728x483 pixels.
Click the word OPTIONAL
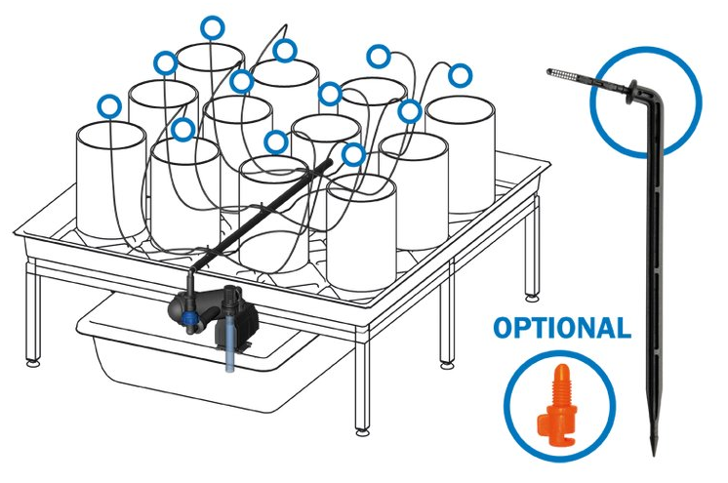click(562, 328)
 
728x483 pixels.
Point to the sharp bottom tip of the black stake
click(654, 454)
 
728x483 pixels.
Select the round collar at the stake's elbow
click(631, 92)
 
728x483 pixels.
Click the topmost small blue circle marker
click(213, 28)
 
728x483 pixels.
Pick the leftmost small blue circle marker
click(109, 106)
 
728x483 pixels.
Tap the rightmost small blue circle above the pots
click(460, 75)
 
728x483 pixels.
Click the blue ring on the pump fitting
click(188, 318)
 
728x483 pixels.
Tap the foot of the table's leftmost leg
click(32, 363)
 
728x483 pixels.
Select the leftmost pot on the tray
click(111, 181)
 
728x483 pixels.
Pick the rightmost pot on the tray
click(460, 155)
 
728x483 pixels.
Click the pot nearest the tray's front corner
click(362, 233)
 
